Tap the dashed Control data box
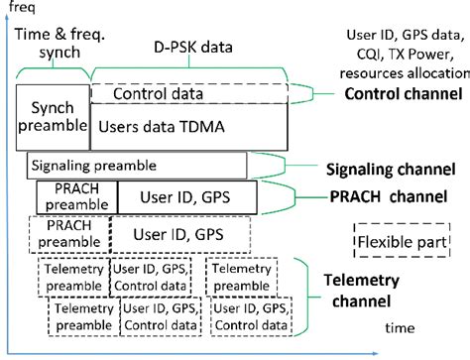click(186, 94)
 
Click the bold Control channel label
click(403, 93)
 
